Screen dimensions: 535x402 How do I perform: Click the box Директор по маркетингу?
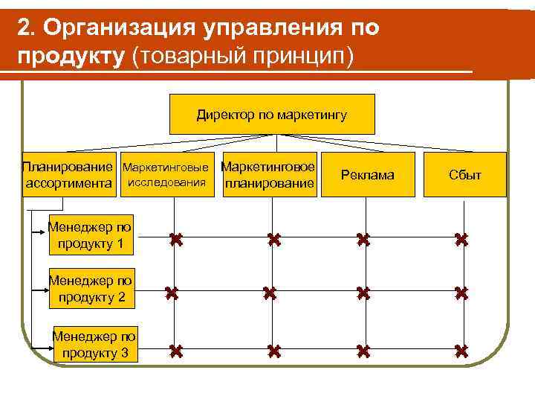272,115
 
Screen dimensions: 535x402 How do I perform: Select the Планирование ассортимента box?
70,175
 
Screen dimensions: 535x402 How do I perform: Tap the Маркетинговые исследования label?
166,174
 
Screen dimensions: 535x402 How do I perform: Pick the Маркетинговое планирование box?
270,175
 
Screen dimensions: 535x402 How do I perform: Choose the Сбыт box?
464,175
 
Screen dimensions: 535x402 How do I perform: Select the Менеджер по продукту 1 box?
90,234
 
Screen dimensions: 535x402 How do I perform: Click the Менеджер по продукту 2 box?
90,289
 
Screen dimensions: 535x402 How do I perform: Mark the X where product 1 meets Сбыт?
461,240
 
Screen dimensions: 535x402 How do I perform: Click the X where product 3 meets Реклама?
363,350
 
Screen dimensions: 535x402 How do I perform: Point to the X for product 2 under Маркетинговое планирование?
270,294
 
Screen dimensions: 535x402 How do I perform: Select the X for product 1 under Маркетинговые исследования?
175,240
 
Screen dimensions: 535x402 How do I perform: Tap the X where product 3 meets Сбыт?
461,350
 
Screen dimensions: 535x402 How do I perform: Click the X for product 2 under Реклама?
363,294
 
